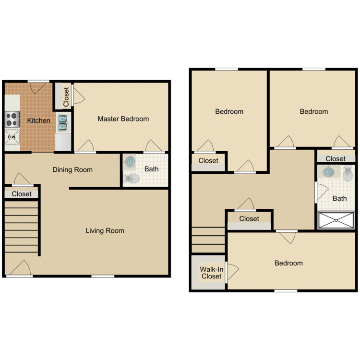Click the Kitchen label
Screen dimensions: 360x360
[38, 120]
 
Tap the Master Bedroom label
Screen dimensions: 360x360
[123, 119]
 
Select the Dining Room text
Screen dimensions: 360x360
[72, 169]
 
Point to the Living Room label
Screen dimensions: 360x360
[105, 230]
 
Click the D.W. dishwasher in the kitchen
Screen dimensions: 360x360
[12, 137]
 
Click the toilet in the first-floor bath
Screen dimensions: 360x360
[131, 179]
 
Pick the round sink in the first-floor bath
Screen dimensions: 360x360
[129, 162]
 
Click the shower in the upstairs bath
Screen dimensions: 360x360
[336, 220]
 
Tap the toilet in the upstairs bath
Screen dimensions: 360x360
[348, 174]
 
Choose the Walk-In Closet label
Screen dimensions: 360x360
[212, 273]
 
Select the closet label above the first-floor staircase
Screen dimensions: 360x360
[22, 194]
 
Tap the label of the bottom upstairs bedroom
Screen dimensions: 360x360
[288, 263]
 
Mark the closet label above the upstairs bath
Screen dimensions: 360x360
[336, 158]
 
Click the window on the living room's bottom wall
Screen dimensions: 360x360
[103, 276]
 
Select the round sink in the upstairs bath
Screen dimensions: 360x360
[328, 172]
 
